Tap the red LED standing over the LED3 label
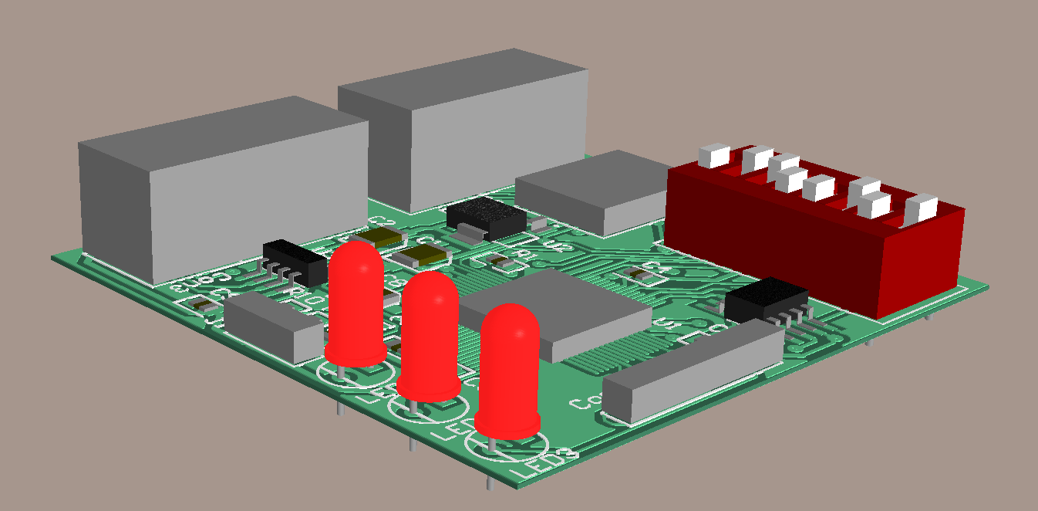(x=508, y=371)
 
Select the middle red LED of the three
(x=430, y=336)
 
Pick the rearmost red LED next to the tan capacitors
(x=356, y=301)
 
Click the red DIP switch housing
(x=817, y=239)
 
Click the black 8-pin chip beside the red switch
(x=766, y=299)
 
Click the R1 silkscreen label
(x=529, y=254)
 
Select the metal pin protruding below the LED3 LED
(x=490, y=479)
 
